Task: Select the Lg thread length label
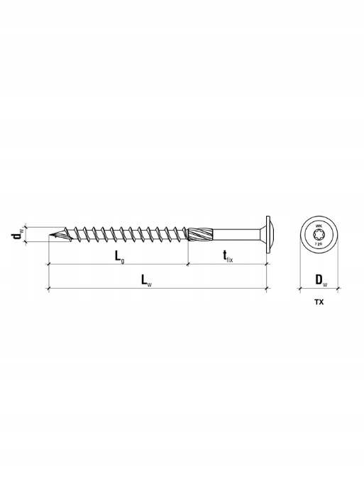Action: point(120,256)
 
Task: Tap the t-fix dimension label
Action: point(226,257)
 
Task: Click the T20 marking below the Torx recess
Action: point(319,243)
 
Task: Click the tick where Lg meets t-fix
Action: point(187,264)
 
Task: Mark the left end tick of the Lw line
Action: point(48,288)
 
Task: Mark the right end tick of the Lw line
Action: point(267,288)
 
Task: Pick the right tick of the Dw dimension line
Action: point(339,288)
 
